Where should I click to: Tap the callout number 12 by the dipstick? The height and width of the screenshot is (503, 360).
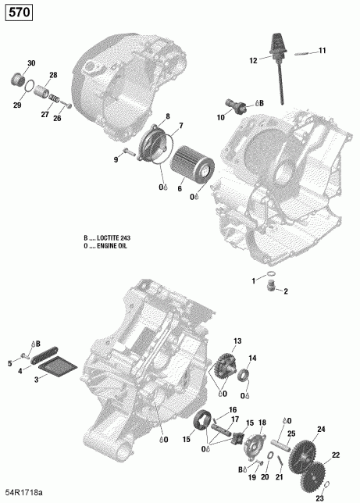click(253, 60)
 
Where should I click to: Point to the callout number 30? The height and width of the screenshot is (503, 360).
click(31, 63)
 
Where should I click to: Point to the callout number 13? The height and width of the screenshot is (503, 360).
click(237, 341)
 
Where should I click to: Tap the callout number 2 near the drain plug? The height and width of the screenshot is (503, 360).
click(286, 291)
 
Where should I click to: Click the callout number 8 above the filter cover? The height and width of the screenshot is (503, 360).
click(166, 116)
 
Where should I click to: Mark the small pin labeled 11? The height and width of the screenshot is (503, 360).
click(303, 52)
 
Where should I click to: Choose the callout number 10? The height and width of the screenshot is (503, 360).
click(222, 116)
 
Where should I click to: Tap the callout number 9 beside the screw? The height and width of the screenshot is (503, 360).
click(116, 159)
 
